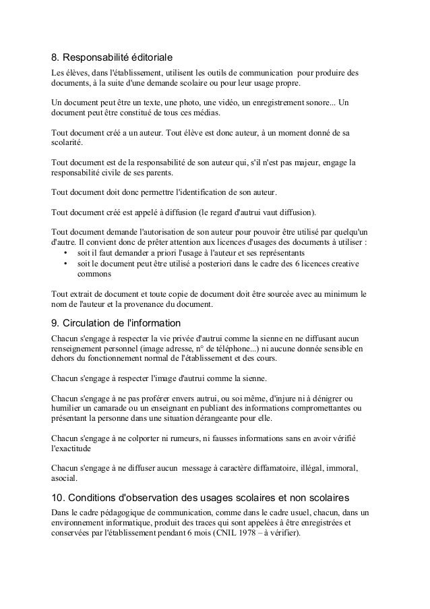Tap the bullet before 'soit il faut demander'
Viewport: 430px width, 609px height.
coord(65,252)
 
